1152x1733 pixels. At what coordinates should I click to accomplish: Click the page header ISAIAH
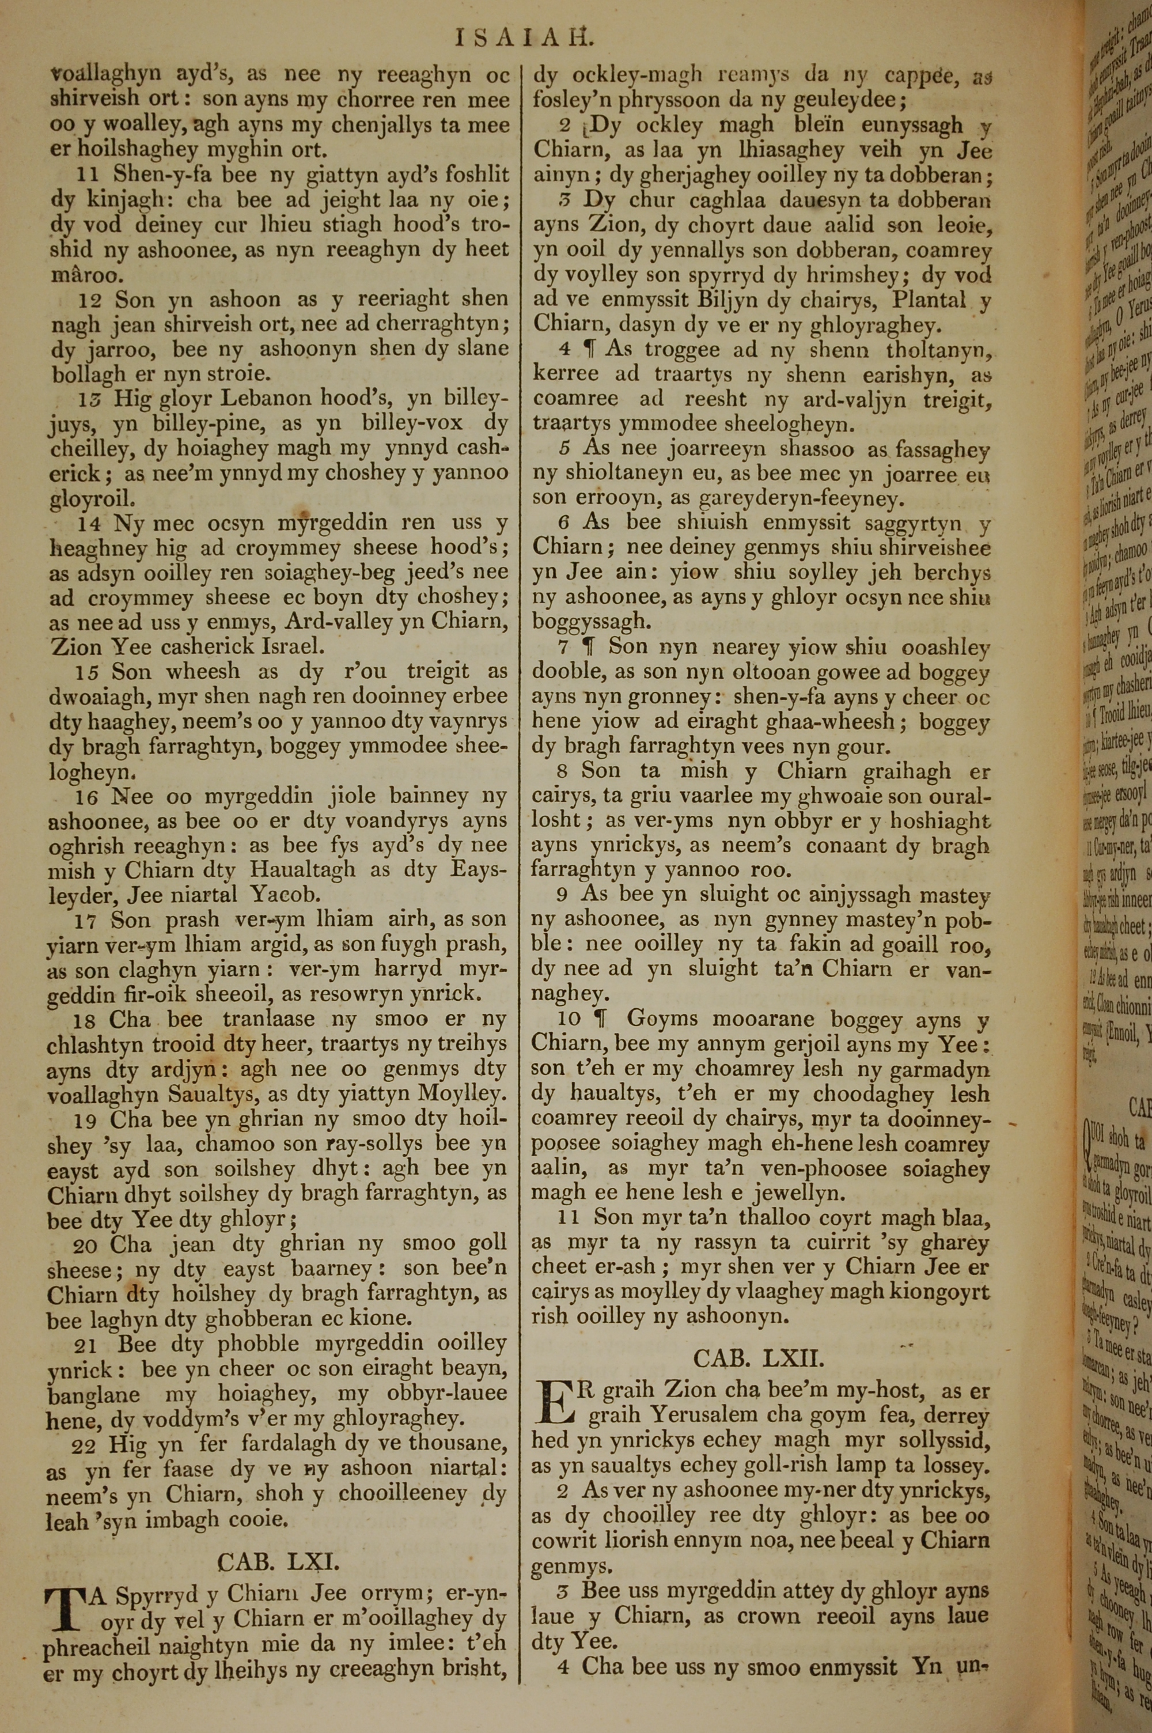point(523,37)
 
